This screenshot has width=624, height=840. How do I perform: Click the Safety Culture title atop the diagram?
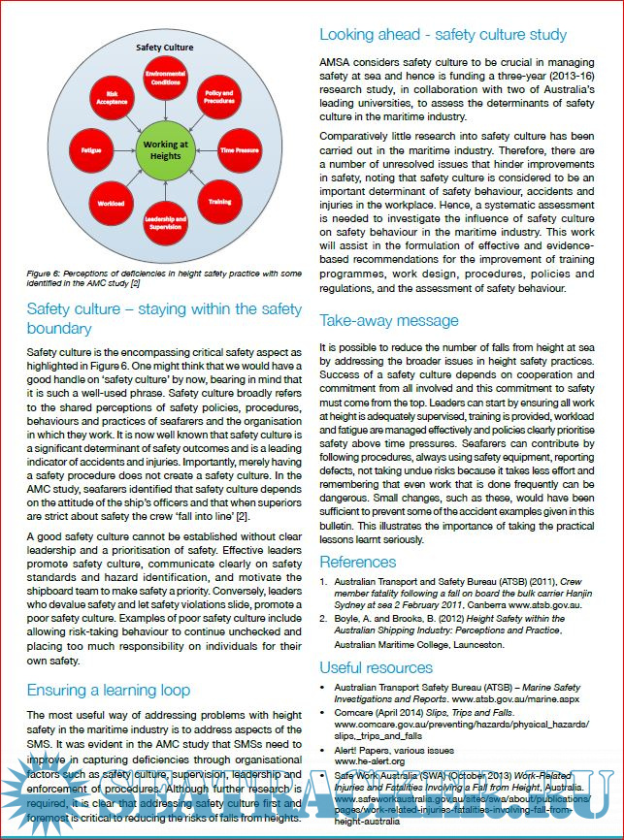[x=164, y=47]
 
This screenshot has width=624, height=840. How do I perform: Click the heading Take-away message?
[x=388, y=320]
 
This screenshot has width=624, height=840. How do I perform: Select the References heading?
[x=357, y=562]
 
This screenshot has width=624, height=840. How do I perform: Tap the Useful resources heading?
[x=376, y=667]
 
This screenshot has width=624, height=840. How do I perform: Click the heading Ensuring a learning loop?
[x=108, y=691]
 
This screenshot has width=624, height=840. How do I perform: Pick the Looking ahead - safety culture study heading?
[x=443, y=35]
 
